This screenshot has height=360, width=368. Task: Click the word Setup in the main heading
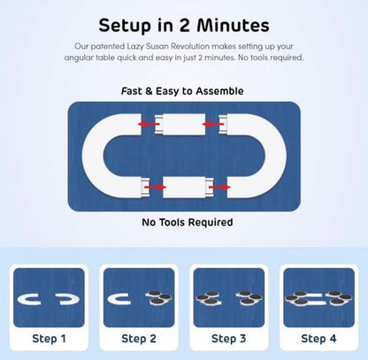click(x=126, y=26)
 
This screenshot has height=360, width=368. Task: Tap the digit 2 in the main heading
click(x=184, y=25)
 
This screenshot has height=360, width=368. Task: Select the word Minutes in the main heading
click(x=233, y=25)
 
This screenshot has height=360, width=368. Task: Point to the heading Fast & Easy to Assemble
click(x=182, y=91)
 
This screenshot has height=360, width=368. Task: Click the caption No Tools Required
click(x=188, y=222)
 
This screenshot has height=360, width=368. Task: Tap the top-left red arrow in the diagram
click(x=149, y=124)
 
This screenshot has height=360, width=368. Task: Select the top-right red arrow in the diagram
click(x=213, y=124)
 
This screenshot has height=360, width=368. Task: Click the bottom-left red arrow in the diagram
click(x=155, y=188)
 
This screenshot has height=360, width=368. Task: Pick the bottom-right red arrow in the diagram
click(x=219, y=188)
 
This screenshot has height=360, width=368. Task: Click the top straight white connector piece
click(x=184, y=124)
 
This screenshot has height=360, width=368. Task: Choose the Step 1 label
click(x=49, y=339)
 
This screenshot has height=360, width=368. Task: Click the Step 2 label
click(x=139, y=339)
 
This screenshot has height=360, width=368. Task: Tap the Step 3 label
click(x=229, y=339)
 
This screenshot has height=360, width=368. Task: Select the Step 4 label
click(x=318, y=339)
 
